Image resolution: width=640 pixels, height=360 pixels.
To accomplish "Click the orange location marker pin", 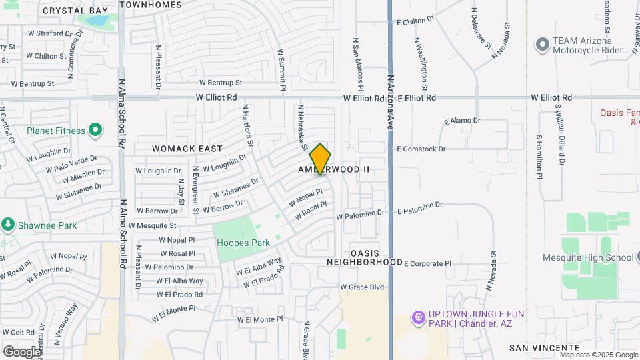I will coord(321,159).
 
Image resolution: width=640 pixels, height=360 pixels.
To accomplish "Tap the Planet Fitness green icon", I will coord(95,130).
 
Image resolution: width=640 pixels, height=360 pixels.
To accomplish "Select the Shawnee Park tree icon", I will coord(8,225).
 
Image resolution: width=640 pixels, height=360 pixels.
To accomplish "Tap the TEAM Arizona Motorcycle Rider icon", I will coord(542,45).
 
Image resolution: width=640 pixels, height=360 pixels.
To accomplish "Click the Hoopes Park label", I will coord(243,243).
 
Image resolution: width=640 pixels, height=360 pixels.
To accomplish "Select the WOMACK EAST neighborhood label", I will coord(177,148).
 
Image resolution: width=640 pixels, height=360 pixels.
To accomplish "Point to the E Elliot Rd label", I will coord(416,97).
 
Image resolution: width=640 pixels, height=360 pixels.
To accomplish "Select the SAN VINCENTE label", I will coord(544,347).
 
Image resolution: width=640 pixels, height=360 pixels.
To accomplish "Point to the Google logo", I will coord(23,351).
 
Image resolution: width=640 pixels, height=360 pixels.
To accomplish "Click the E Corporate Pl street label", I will coord(427,263).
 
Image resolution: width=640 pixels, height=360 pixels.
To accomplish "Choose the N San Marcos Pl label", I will coord(357,65).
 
